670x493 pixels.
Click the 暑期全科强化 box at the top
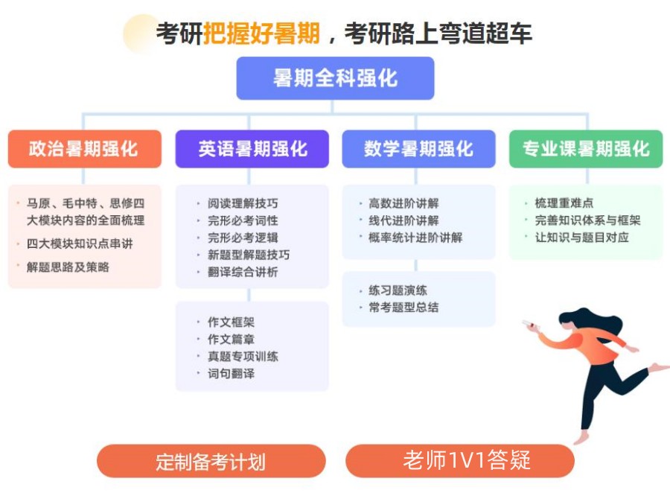(335, 78)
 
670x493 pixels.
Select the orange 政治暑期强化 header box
(84, 148)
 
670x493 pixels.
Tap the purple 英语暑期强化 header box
(252, 148)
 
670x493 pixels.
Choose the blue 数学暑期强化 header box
(418, 148)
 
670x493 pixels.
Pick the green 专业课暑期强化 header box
(585, 148)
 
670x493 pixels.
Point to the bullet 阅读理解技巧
(243, 203)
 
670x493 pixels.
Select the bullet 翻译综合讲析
(243, 272)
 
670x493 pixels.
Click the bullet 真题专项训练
(243, 357)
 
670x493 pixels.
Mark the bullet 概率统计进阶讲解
(415, 238)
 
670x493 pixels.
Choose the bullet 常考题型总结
(403, 307)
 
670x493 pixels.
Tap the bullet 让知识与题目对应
(581, 238)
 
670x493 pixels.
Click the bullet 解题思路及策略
(68, 267)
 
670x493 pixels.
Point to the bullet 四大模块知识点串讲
(80, 244)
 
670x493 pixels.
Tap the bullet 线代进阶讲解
(403, 220)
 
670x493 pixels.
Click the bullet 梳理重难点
(564, 203)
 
